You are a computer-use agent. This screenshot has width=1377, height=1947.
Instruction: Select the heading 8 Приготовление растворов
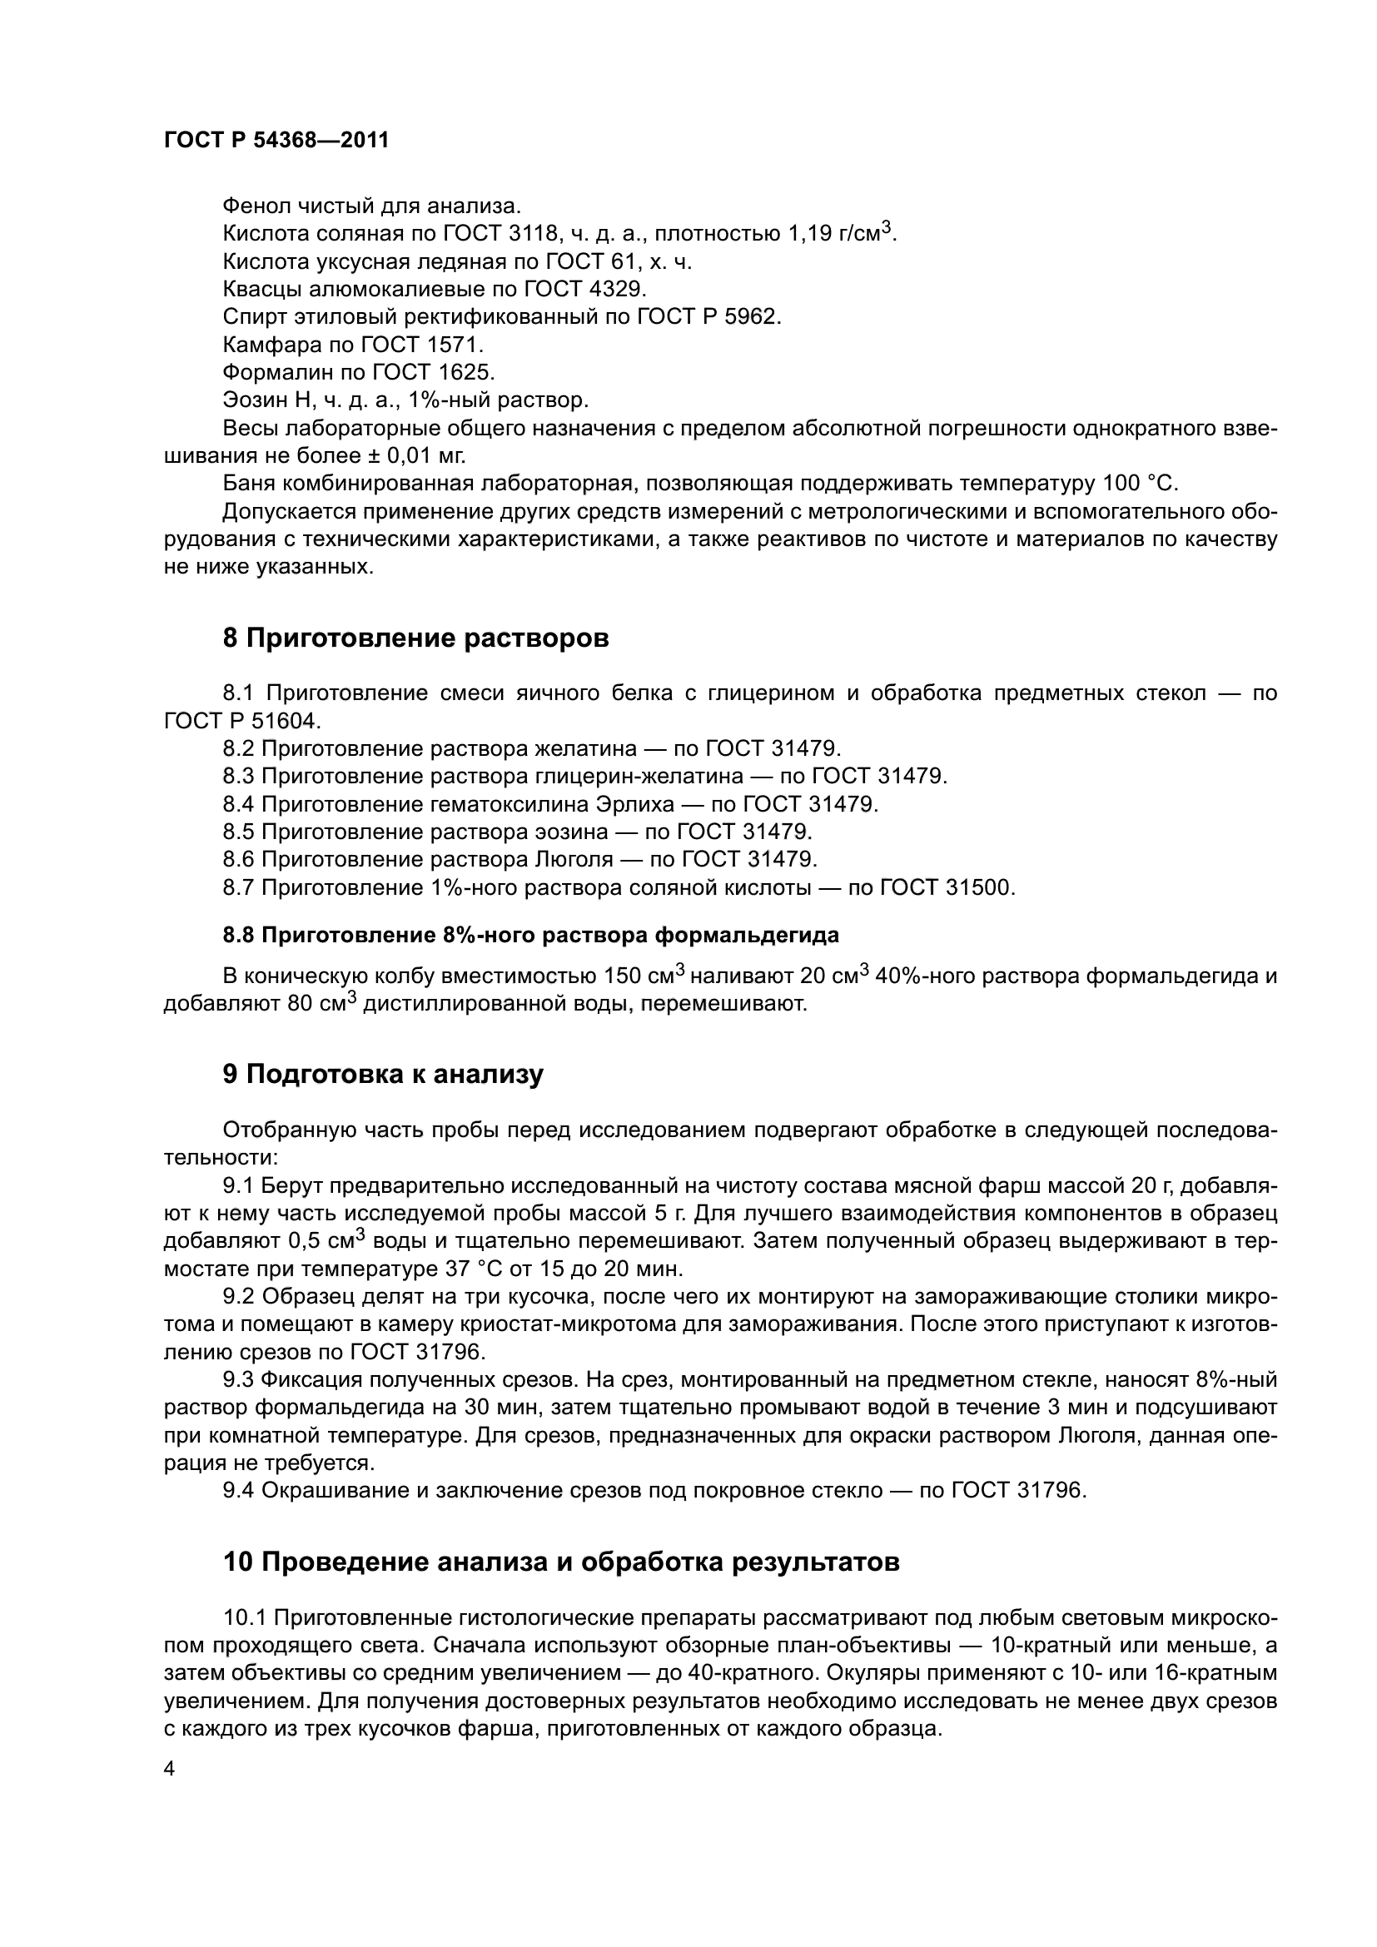pyautogui.click(x=415, y=638)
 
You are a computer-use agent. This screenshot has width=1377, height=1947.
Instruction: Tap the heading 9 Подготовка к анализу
pyautogui.click(x=382, y=1075)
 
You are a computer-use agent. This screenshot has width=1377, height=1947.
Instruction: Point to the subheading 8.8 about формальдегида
pyautogui.click(x=531, y=935)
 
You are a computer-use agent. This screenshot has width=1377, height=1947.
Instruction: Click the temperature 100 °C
pyautogui.click(x=1140, y=484)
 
